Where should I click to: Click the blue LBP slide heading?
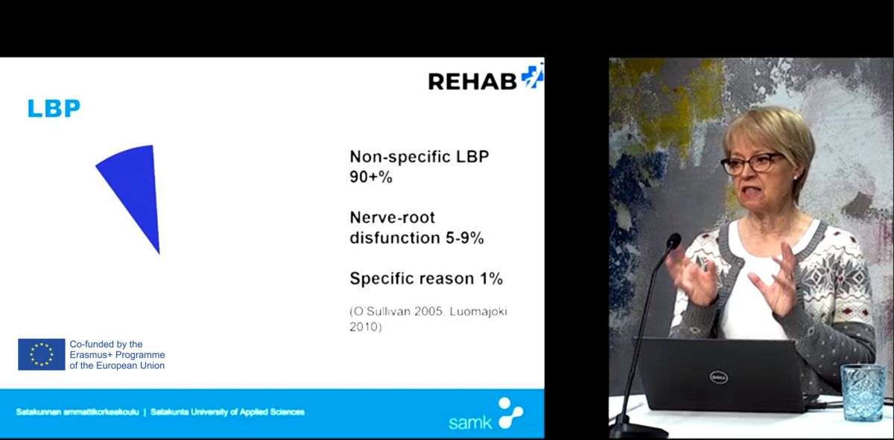54,108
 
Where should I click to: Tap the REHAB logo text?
472,81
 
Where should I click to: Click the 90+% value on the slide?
371,176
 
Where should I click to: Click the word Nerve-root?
393,217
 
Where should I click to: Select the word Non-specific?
400,157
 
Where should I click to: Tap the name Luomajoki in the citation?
478,311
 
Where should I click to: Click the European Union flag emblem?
42,354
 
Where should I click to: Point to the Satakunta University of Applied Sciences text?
227,412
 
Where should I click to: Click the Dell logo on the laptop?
719,377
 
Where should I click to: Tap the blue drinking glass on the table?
863,392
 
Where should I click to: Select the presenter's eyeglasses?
752,164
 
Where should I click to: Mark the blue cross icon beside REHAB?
533,76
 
